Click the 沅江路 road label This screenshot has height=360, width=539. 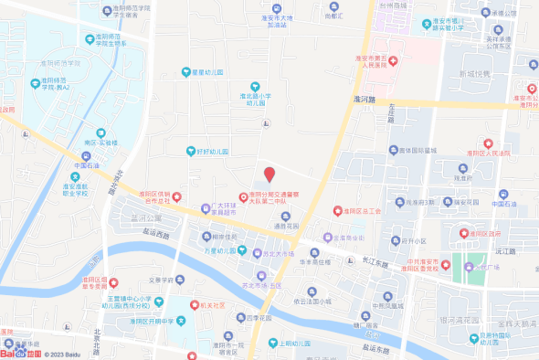(506, 249)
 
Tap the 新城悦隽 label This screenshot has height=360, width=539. (474, 73)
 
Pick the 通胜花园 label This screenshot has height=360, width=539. (285, 224)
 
